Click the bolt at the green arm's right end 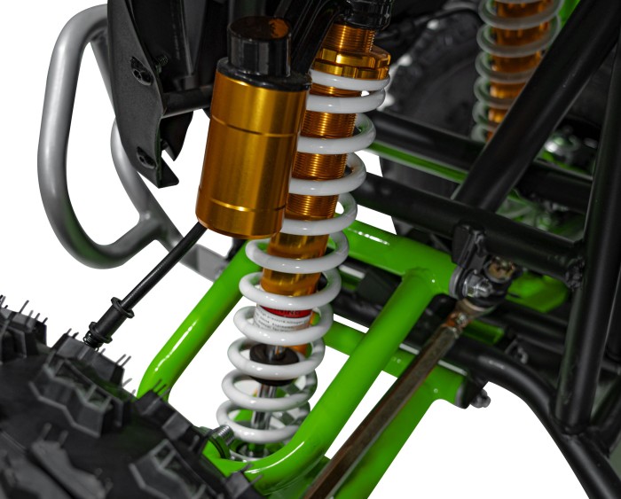pos(480,400)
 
